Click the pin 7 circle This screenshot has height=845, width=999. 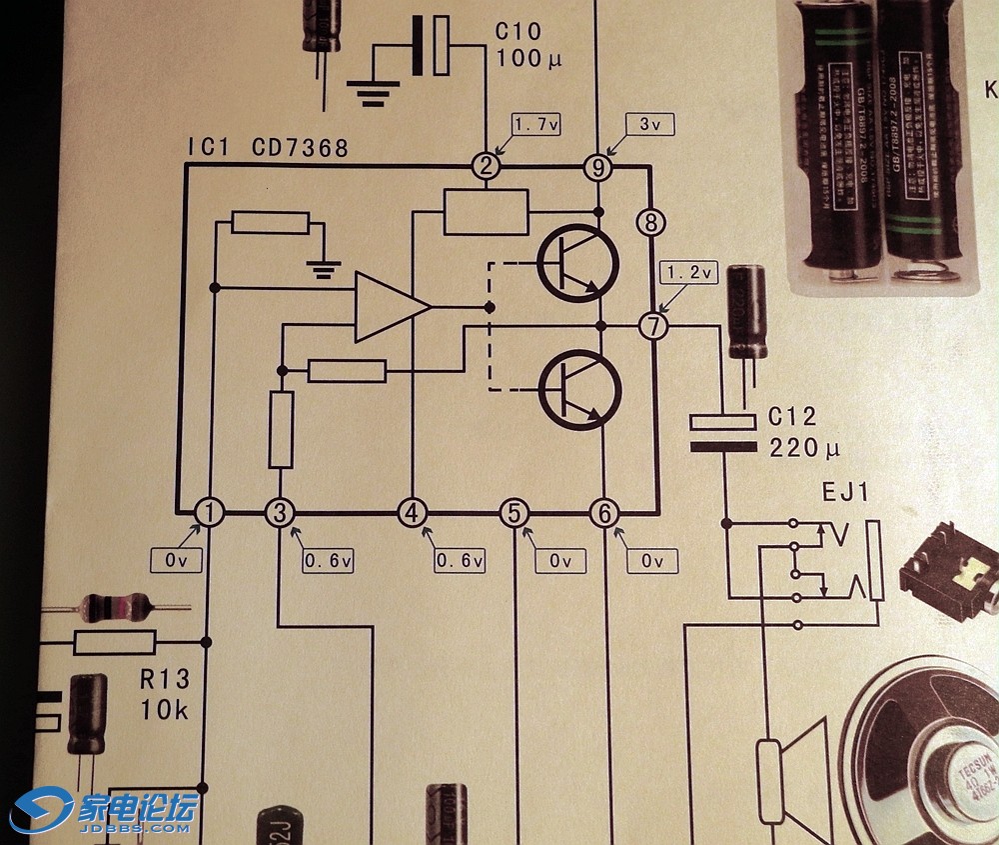(651, 326)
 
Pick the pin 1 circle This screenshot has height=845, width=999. (210, 513)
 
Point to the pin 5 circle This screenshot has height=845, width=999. (513, 513)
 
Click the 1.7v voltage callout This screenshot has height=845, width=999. (535, 125)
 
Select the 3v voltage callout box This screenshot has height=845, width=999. (649, 125)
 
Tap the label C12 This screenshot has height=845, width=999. (792, 417)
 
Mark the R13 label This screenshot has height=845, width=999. (164, 681)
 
